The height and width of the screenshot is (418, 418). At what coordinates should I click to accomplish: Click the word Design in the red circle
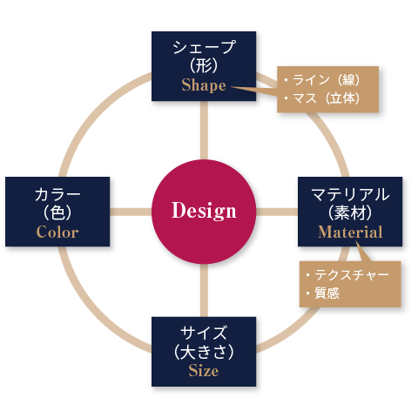[204, 211]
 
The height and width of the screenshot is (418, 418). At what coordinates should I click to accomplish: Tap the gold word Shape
[204, 85]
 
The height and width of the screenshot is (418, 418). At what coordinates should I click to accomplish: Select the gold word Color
[57, 232]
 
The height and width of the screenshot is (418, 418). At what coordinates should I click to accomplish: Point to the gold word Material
[350, 232]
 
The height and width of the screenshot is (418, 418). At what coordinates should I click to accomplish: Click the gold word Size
[204, 370]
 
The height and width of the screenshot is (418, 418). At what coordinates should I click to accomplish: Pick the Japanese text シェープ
[204, 47]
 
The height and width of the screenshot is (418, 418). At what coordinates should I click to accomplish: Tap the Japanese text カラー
[57, 194]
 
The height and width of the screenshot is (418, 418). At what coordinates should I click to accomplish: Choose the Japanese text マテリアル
[350, 194]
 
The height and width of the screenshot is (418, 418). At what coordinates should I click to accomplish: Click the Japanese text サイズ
[204, 333]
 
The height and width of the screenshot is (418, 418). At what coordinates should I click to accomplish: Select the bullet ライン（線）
[322, 80]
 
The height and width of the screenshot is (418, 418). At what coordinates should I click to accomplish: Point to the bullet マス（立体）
[322, 98]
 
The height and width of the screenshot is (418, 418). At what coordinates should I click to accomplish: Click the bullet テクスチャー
[347, 274]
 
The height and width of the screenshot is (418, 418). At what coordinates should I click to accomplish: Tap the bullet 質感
[322, 293]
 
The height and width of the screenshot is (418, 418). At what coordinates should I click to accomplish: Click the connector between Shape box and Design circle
[204, 130]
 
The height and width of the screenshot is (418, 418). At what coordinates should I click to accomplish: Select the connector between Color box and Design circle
[131, 212]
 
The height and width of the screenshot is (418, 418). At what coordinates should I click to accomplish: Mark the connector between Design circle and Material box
[277, 212]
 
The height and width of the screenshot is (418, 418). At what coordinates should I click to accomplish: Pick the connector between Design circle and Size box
[204, 290]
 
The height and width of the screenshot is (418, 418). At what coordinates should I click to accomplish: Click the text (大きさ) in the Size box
[204, 352]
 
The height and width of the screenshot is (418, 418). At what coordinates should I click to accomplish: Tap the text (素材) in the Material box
[350, 212]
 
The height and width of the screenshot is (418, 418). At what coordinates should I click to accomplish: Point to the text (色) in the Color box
[57, 212]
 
